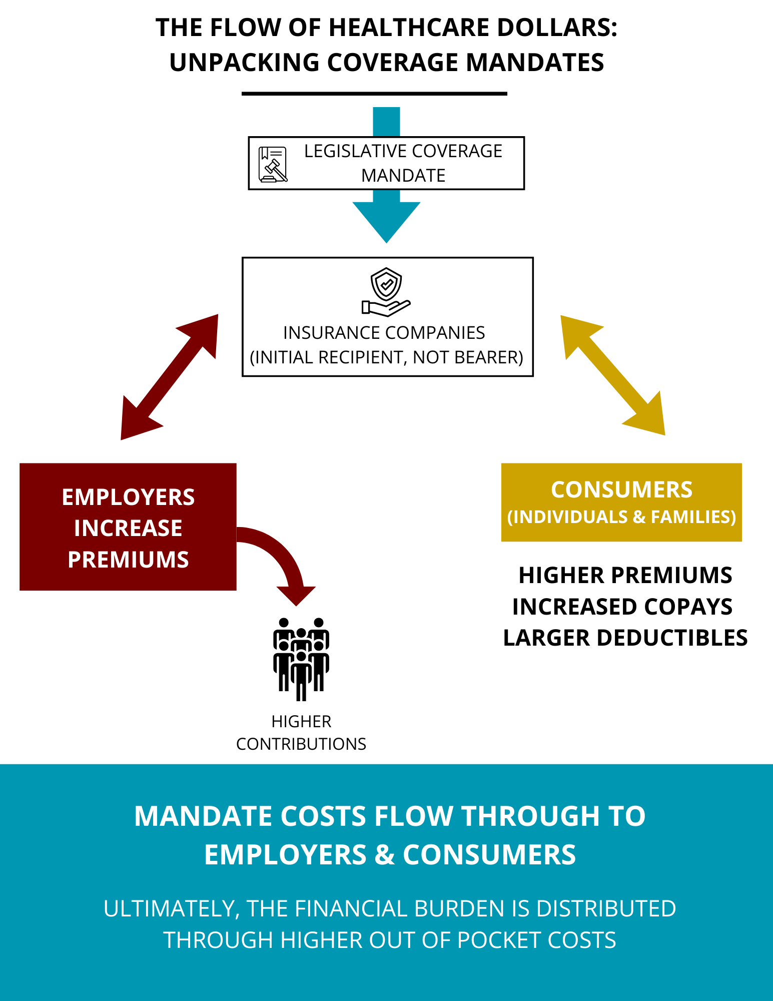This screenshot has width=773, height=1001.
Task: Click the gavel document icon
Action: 273,164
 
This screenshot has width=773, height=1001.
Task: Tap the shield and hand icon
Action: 386,292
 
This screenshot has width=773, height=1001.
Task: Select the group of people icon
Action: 301,659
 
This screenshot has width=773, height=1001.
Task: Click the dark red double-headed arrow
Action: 169,377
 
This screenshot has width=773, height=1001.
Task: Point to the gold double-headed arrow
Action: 613,375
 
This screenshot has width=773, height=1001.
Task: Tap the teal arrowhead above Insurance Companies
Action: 386,220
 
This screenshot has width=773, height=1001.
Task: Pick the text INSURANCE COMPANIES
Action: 384,333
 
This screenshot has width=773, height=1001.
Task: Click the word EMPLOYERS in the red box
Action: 128,497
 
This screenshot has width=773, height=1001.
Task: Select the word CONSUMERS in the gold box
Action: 621,490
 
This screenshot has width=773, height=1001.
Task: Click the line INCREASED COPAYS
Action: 622,607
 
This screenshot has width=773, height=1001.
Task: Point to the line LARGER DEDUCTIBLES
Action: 625,638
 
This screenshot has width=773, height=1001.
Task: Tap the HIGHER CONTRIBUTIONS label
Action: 301,733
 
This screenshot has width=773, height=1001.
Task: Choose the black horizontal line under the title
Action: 374,94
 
